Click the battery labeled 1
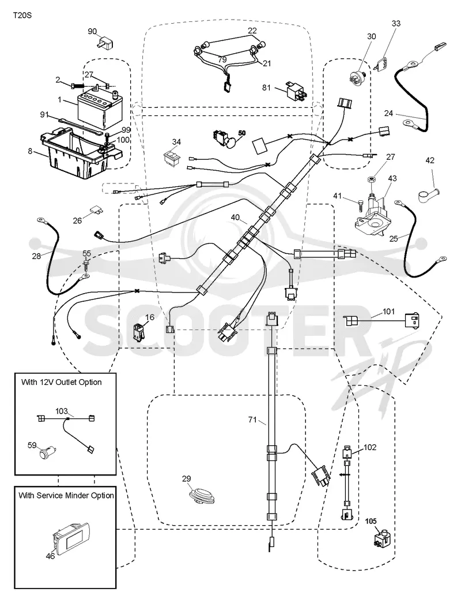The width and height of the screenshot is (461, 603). pos(100,108)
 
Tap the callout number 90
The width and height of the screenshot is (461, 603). pos(92,31)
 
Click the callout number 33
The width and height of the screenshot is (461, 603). pos(396,24)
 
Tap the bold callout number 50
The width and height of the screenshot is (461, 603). pos(241,133)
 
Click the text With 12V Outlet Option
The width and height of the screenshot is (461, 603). pos(62,382)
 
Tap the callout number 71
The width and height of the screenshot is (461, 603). pos(252,420)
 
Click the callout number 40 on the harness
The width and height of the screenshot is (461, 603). pos(236,218)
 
